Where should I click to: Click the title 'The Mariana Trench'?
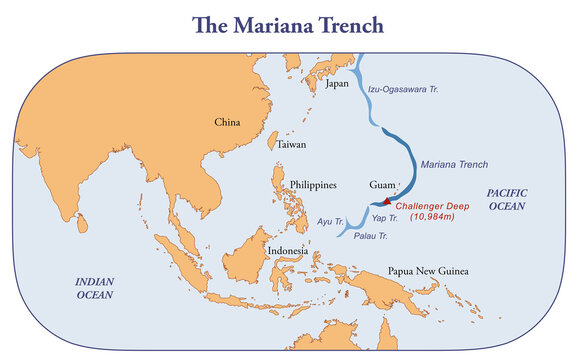click(x=287, y=23)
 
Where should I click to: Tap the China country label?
click(x=227, y=122)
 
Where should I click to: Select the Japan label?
click(x=338, y=84)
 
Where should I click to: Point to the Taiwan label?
click(x=292, y=144)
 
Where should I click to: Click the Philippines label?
click(x=313, y=185)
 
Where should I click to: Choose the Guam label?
click(x=383, y=185)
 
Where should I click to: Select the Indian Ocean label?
click(x=96, y=289)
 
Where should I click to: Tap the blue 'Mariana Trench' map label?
click(x=454, y=164)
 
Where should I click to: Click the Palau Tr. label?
click(x=370, y=236)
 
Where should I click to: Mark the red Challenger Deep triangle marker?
click(x=388, y=201)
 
